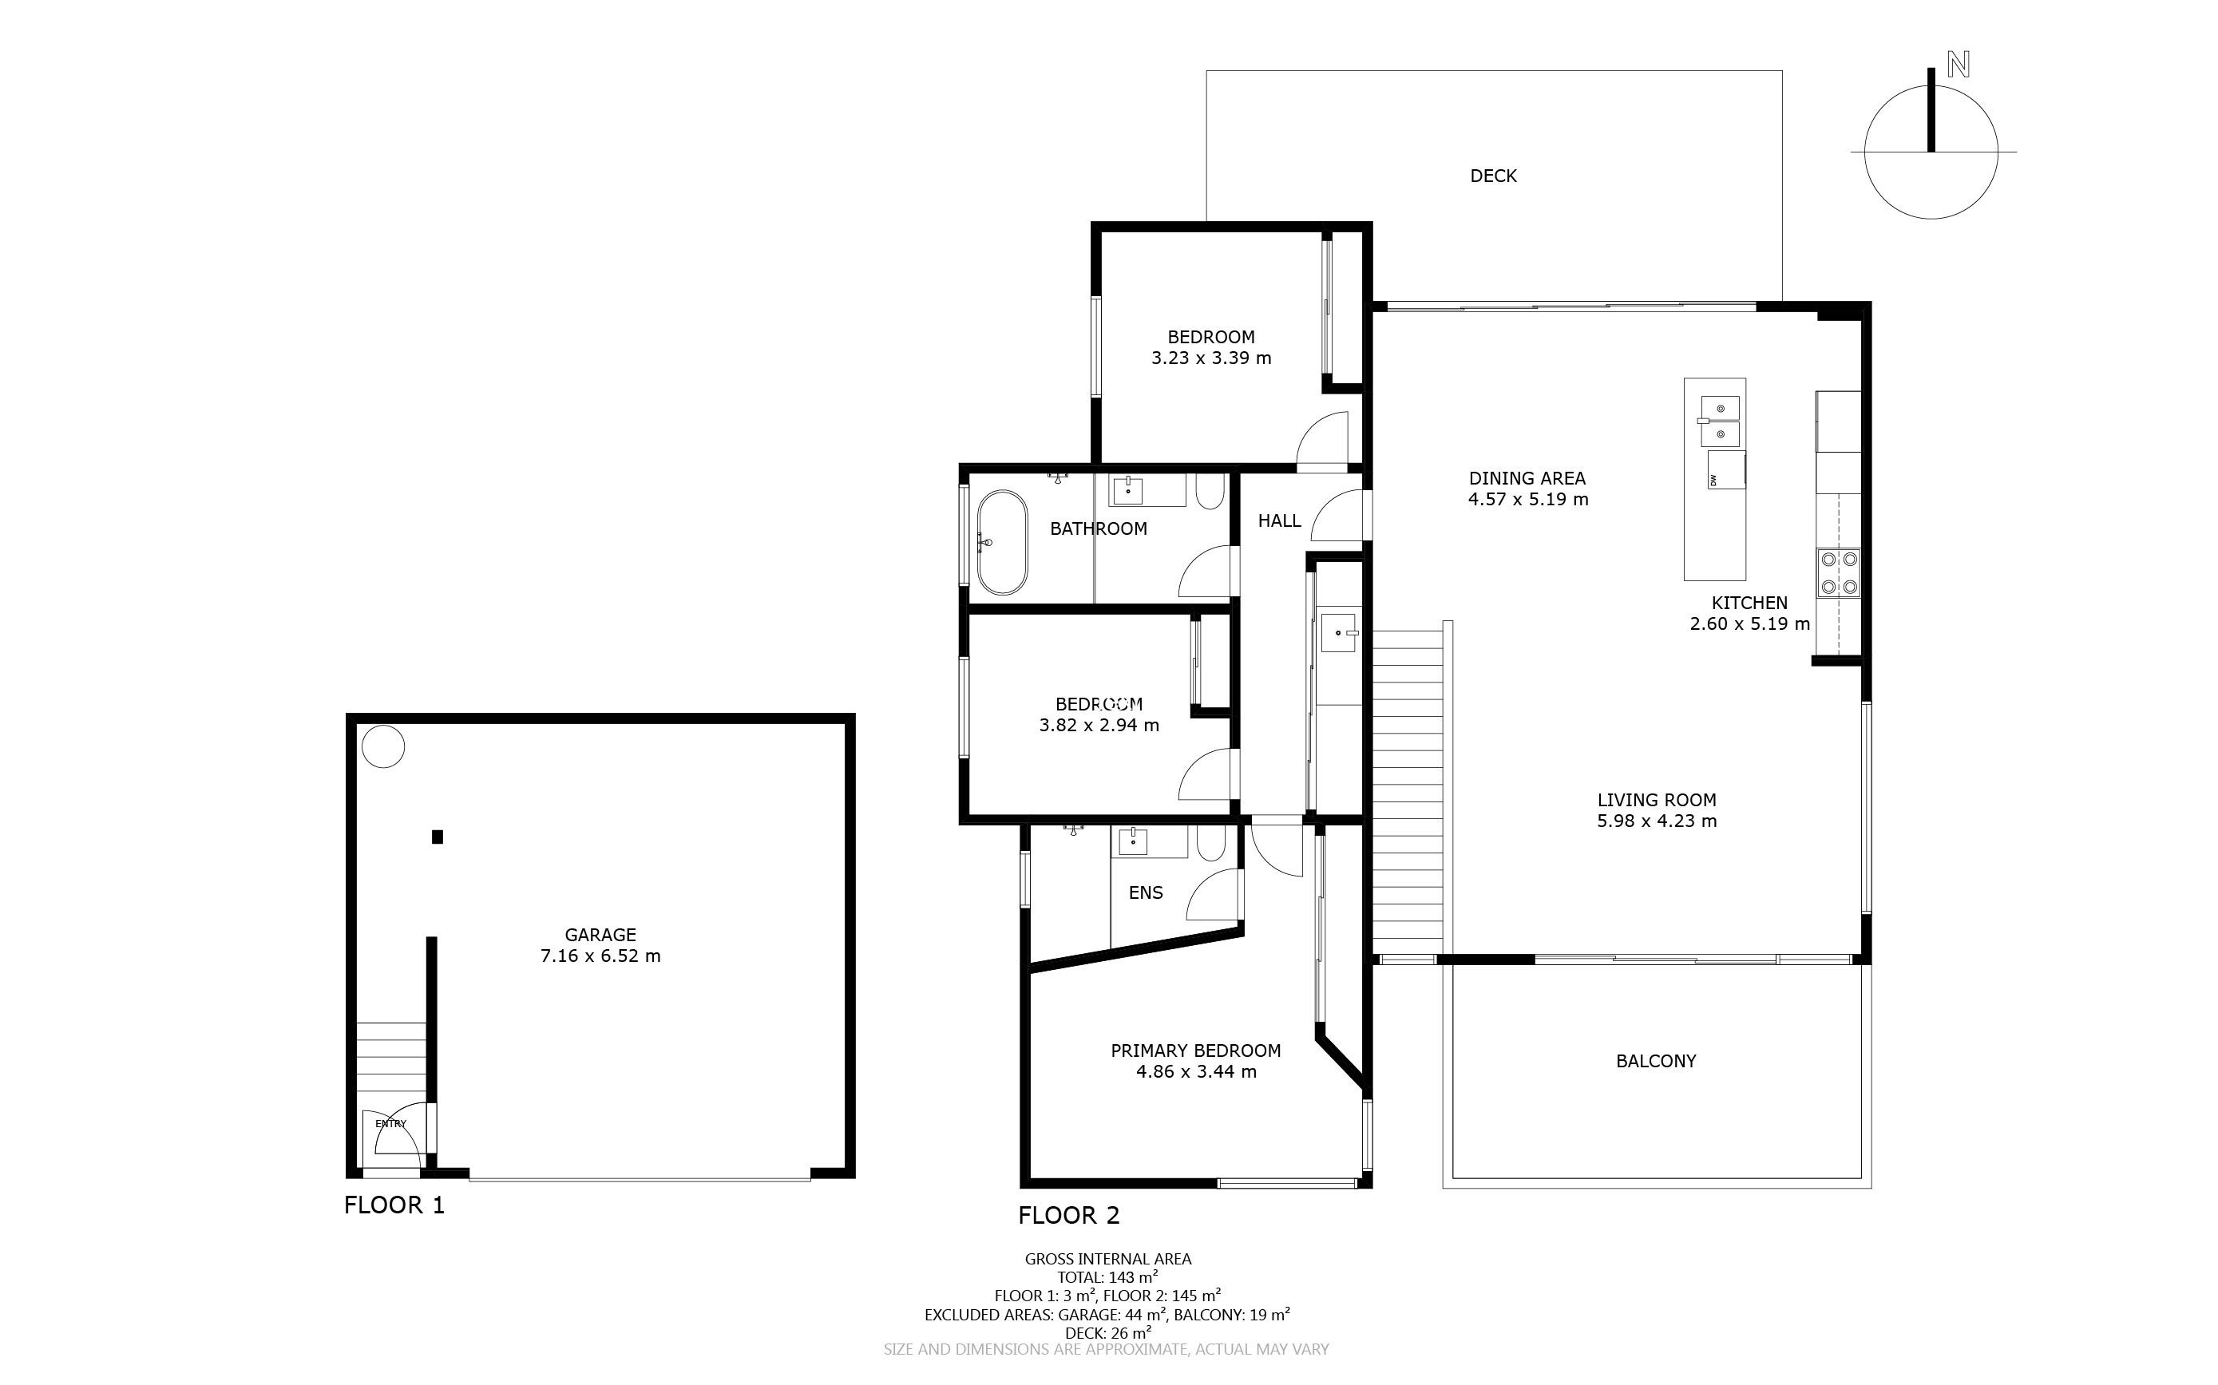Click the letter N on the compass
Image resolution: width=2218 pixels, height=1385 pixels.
(1959, 65)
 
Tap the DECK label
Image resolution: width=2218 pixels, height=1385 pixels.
(1493, 176)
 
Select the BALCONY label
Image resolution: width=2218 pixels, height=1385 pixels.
(1655, 1061)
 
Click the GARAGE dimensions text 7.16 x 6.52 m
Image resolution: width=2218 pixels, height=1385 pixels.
(600, 956)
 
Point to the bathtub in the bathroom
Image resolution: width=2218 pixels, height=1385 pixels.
(1001, 543)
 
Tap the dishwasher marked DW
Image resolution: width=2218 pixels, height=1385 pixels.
(1726, 470)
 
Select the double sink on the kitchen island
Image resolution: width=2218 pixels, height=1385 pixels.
(1720, 421)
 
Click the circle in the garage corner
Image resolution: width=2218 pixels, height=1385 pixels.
(383, 746)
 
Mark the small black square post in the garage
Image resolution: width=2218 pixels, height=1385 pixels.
(438, 837)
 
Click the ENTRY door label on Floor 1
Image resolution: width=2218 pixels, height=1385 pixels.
(390, 1124)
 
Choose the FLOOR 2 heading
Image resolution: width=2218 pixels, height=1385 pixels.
(1069, 1216)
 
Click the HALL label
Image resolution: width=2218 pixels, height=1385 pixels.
(1279, 521)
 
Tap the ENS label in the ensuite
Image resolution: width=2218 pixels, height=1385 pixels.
(1145, 892)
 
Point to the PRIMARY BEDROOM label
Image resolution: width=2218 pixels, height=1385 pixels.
(1195, 1051)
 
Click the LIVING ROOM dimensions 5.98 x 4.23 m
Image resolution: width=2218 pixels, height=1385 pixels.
(1657, 821)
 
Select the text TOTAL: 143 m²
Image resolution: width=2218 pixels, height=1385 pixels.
(1107, 1277)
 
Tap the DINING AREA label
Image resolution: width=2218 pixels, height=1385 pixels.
(1527, 478)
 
